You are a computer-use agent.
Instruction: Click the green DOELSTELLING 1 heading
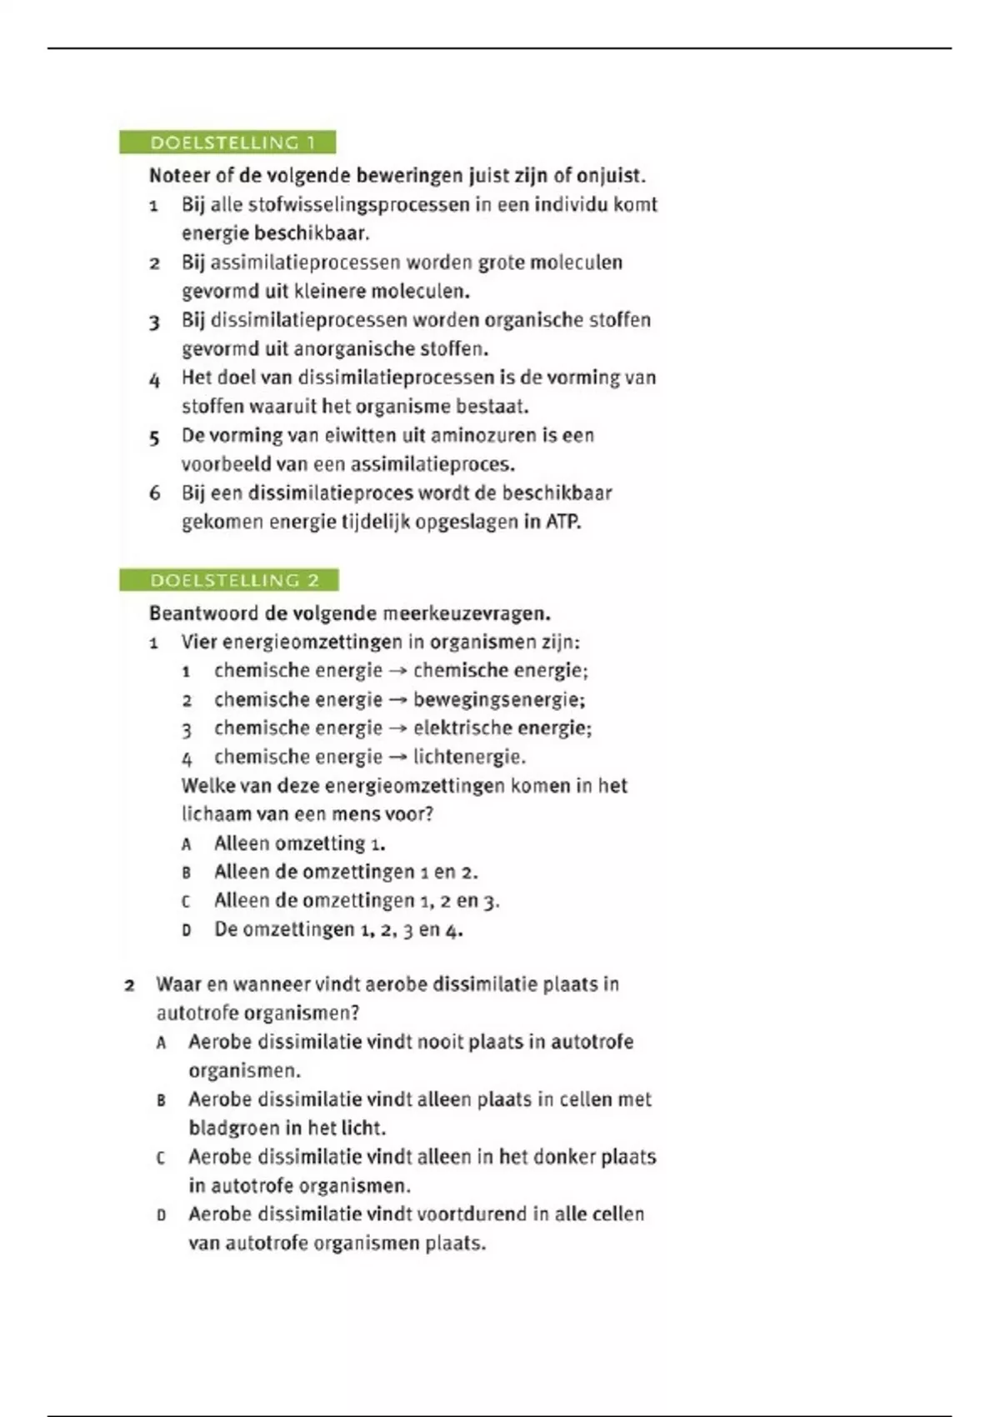pyautogui.click(x=227, y=143)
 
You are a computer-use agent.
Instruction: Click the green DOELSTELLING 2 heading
pyautogui.click(x=229, y=580)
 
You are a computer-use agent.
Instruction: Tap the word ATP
pyautogui.click(x=562, y=523)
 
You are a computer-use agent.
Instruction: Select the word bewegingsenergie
pyautogui.click(x=497, y=699)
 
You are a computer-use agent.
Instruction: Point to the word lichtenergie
pyautogui.click(x=469, y=757)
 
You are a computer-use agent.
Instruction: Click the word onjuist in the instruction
pyautogui.click(x=610, y=176)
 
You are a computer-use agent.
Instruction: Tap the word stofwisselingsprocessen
pyautogui.click(x=359, y=205)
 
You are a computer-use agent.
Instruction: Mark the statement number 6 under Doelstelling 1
pyautogui.click(x=155, y=493)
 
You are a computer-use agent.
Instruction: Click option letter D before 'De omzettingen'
pyautogui.click(x=187, y=930)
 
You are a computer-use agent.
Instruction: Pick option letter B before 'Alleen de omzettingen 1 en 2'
pyautogui.click(x=187, y=873)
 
